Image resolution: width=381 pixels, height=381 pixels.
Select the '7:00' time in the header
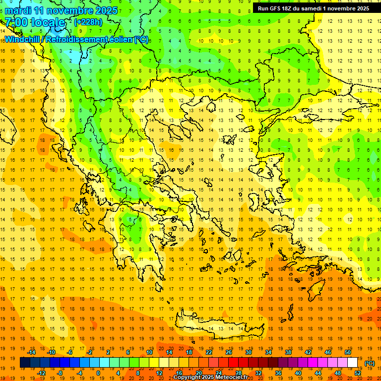click(x=16, y=22)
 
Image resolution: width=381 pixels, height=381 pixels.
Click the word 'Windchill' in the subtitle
click(x=23, y=39)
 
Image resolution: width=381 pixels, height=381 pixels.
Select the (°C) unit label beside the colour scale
click(x=370, y=363)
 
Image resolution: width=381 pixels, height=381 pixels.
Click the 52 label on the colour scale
click(x=358, y=373)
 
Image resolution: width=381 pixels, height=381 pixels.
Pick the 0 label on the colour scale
click(x=98, y=373)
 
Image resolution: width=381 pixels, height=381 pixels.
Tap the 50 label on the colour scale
click(x=348, y=352)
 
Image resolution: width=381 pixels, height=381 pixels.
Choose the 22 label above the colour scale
click(x=209, y=352)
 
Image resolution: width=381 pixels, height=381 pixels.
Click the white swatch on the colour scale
click(x=353, y=363)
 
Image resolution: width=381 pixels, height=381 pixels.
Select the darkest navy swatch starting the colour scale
click(x=25, y=363)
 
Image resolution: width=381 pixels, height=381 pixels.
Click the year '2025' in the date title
click(x=106, y=10)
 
